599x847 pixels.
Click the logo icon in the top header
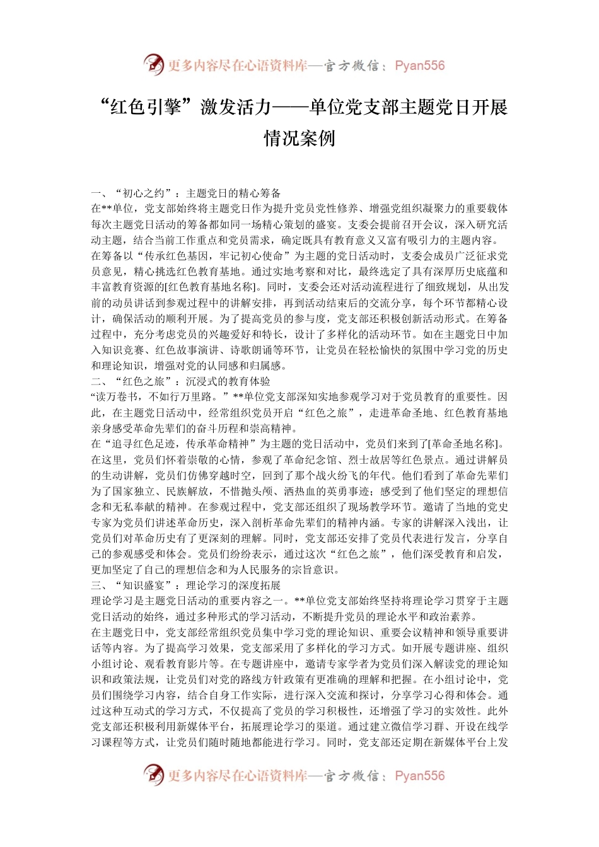153,64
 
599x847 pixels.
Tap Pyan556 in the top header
419,66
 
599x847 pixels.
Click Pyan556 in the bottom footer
419,776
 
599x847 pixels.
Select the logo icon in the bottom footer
153,775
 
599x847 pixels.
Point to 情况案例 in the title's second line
299,138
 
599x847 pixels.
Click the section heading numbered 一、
186,193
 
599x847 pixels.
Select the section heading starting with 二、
180,381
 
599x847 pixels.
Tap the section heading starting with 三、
186,585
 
